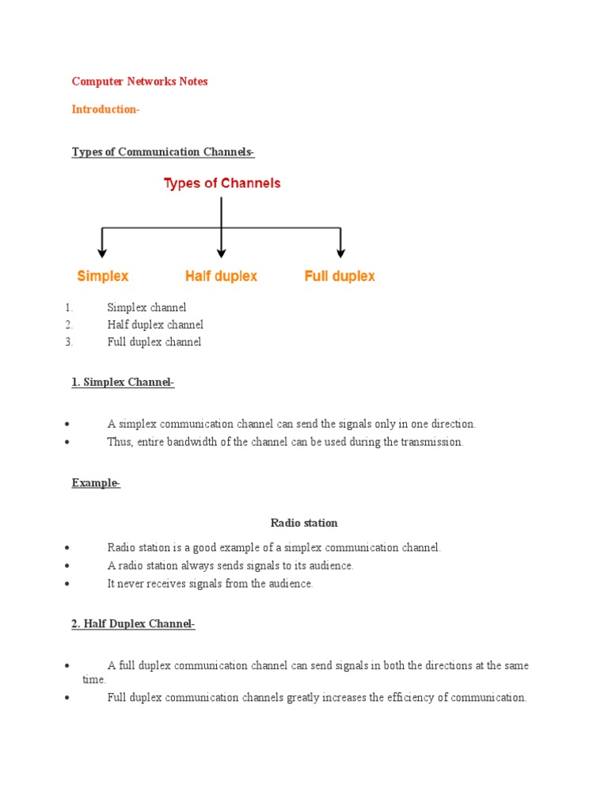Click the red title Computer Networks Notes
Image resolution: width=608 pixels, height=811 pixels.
(140, 82)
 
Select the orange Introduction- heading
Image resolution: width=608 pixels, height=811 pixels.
(105, 109)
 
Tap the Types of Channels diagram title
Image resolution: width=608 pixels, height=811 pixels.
(222, 184)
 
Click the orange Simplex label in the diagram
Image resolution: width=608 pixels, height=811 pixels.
(103, 276)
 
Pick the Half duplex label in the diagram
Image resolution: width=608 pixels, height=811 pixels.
(221, 276)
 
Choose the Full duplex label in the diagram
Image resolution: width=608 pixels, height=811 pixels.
(340, 276)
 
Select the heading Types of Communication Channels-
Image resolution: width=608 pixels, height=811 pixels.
(163, 152)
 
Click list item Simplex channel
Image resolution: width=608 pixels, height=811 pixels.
(146, 307)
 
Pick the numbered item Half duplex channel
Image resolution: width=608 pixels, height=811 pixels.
(155, 325)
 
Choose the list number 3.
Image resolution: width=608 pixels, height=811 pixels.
(70, 342)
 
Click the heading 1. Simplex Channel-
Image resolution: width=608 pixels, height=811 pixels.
(123, 383)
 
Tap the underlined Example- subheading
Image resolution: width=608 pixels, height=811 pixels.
(96, 483)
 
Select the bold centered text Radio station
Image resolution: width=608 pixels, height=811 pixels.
(304, 523)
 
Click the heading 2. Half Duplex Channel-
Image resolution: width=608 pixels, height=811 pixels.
(133, 624)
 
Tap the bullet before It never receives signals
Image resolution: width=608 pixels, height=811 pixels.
(70, 584)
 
